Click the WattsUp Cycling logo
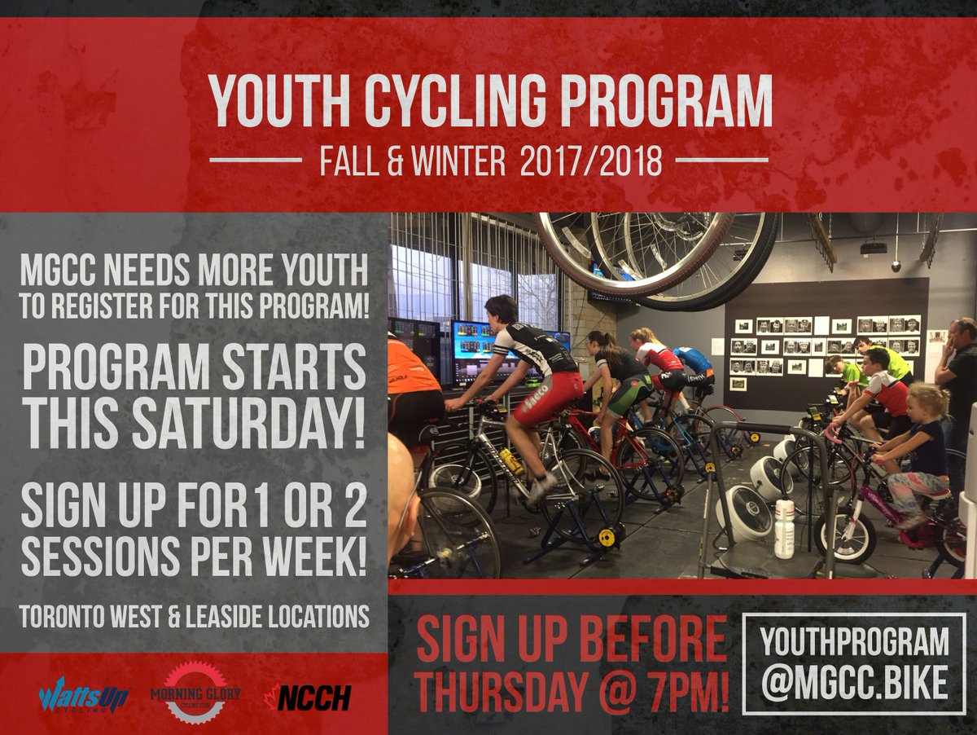[83, 694]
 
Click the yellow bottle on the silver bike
[511, 461]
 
